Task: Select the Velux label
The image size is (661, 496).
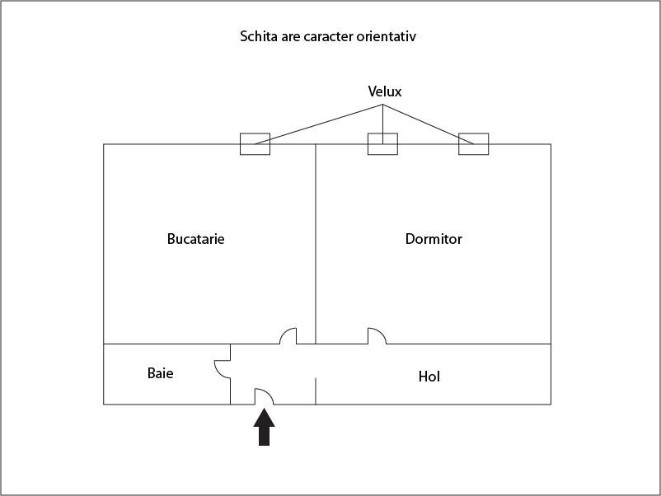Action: click(384, 91)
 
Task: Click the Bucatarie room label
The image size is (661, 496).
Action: click(195, 239)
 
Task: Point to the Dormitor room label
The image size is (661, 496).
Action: click(434, 239)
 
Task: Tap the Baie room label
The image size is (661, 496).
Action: click(160, 373)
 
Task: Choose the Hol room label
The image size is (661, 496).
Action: click(429, 377)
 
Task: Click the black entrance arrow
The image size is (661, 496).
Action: click(264, 427)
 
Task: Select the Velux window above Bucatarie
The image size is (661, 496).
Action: click(255, 144)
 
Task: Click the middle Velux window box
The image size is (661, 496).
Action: click(382, 144)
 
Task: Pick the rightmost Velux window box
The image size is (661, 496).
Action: click(473, 144)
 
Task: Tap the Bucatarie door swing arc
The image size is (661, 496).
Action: click(284, 333)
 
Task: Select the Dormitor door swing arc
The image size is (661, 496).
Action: click(380, 333)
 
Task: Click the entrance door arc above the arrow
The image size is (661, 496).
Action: click(268, 393)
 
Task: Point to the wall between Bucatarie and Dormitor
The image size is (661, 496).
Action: click(316, 244)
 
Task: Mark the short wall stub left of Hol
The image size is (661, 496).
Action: click(316, 391)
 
